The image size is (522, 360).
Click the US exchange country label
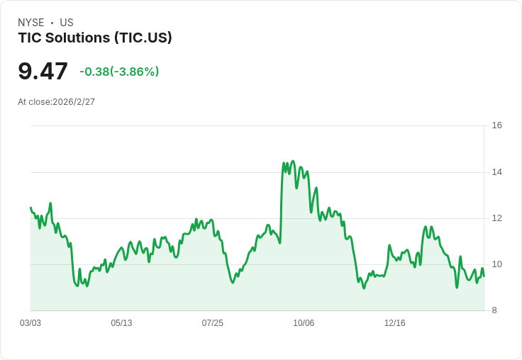click(67, 23)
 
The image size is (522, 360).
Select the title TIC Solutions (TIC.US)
click(95, 38)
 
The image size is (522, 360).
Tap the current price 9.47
click(43, 71)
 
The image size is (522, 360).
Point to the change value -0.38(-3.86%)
click(119, 72)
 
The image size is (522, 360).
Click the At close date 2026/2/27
click(74, 102)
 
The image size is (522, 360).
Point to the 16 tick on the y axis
click(496, 125)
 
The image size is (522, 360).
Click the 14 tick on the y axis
click(496, 172)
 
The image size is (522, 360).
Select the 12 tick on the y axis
click(496, 218)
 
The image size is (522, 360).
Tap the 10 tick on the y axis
click(496, 264)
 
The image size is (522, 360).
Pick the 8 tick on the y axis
click(494, 310)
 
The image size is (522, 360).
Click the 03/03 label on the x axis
click(30, 323)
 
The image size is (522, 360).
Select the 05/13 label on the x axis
click(121, 323)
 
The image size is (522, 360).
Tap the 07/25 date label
click(212, 323)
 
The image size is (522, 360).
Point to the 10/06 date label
click(304, 323)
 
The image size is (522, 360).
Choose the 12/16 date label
click(394, 323)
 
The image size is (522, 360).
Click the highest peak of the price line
click(292, 162)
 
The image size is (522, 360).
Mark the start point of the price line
click(30, 208)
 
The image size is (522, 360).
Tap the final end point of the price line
click(484, 276)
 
